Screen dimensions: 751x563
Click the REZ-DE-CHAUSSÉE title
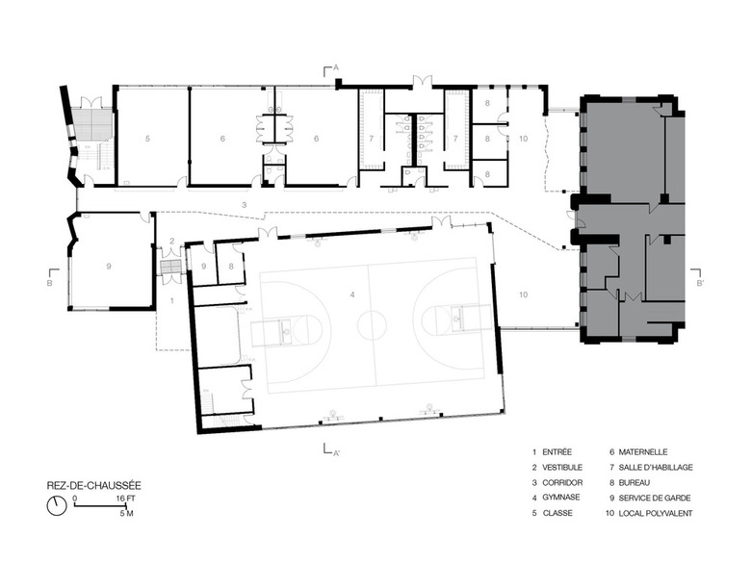pos(94,485)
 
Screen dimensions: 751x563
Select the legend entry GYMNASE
pos(561,498)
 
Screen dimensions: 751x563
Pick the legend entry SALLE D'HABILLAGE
pos(656,468)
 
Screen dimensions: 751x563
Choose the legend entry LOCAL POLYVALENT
pos(656,513)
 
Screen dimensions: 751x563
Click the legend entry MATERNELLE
pos(643,452)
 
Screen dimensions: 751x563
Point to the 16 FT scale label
pos(125,499)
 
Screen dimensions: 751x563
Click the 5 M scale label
pos(126,513)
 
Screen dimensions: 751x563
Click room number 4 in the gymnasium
pos(352,294)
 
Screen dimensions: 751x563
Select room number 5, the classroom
pos(147,139)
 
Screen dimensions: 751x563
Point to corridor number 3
pos(244,205)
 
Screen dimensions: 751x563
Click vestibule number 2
pos(172,241)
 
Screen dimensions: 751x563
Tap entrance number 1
pos(172,300)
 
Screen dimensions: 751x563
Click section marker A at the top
pos(336,68)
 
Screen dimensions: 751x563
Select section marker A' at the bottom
pos(337,453)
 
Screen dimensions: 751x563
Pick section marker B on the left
pos(49,283)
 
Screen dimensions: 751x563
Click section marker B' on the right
pos(700,283)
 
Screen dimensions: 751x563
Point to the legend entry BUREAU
pos(634,482)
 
